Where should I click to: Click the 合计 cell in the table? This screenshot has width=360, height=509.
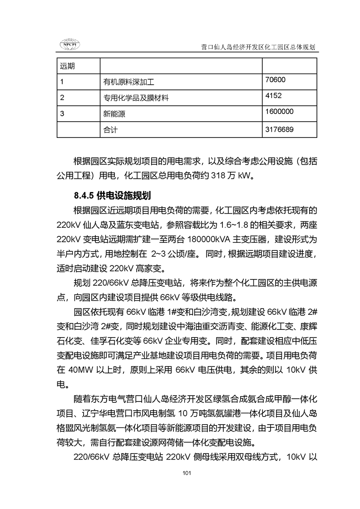pos(110,130)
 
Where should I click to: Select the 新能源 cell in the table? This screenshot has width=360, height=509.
pos(114,114)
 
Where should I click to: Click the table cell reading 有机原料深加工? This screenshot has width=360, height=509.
pos(129,82)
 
